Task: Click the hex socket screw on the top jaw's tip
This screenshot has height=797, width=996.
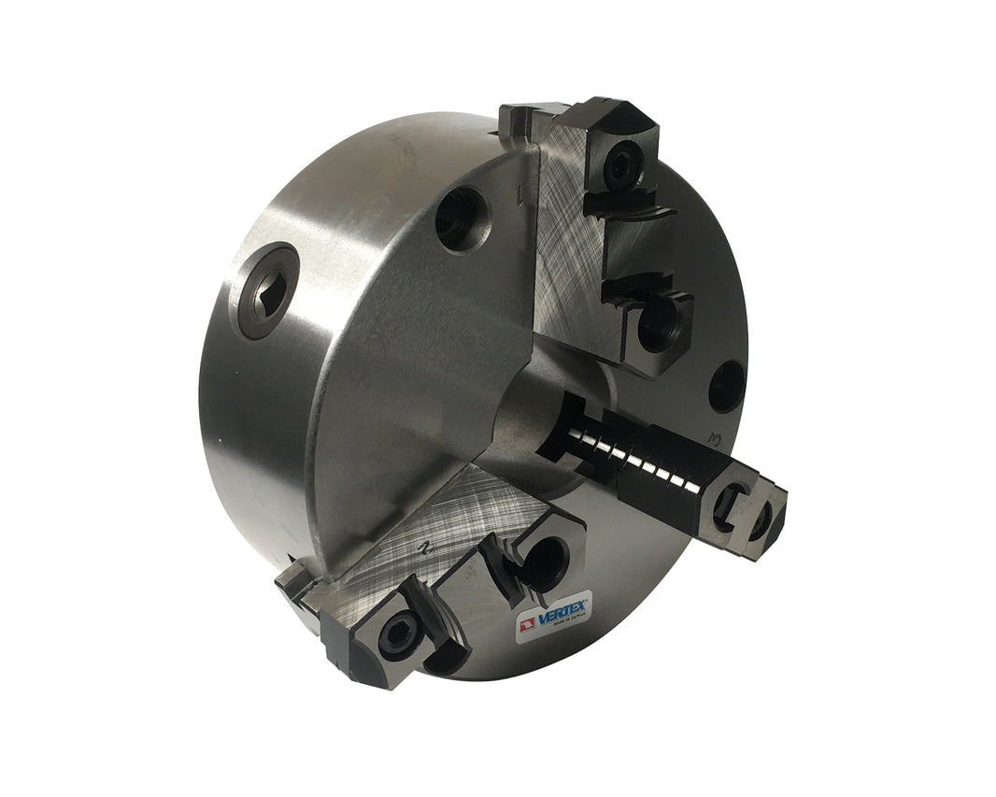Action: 619,166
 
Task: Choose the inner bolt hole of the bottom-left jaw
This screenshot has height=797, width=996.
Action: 545,561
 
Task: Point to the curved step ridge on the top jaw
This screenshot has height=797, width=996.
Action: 645,217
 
